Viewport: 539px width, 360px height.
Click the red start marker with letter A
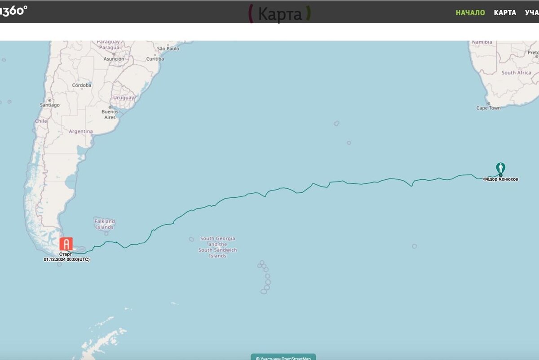coord(66,244)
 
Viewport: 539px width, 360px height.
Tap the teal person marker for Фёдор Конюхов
coord(501,169)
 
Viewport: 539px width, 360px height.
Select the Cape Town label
coord(488,108)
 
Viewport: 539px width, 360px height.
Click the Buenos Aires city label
coord(110,114)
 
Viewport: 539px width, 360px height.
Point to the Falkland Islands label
coord(105,224)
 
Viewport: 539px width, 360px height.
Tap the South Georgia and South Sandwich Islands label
coord(218,247)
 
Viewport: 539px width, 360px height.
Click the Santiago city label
coord(49,105)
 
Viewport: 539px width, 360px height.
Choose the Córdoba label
coord(81,85)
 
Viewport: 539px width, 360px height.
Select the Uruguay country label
coord(124,98)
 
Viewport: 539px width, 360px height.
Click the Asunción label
coord(114,59)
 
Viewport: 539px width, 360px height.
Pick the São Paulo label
coord(168,49)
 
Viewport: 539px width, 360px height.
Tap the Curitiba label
coord(155,59)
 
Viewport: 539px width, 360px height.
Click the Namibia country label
coord(482,42)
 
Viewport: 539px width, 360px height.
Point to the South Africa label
coord(516,72)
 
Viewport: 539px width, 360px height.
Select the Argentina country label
coord(81,132)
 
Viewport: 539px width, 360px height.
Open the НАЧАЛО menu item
coord(470,13)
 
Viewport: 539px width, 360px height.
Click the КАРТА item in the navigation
coord(505,13)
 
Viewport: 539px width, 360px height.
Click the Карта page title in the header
coord(280,14)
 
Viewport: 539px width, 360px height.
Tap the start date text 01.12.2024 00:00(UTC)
coord(66,259)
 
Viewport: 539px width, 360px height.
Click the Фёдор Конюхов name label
coord(500,179)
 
